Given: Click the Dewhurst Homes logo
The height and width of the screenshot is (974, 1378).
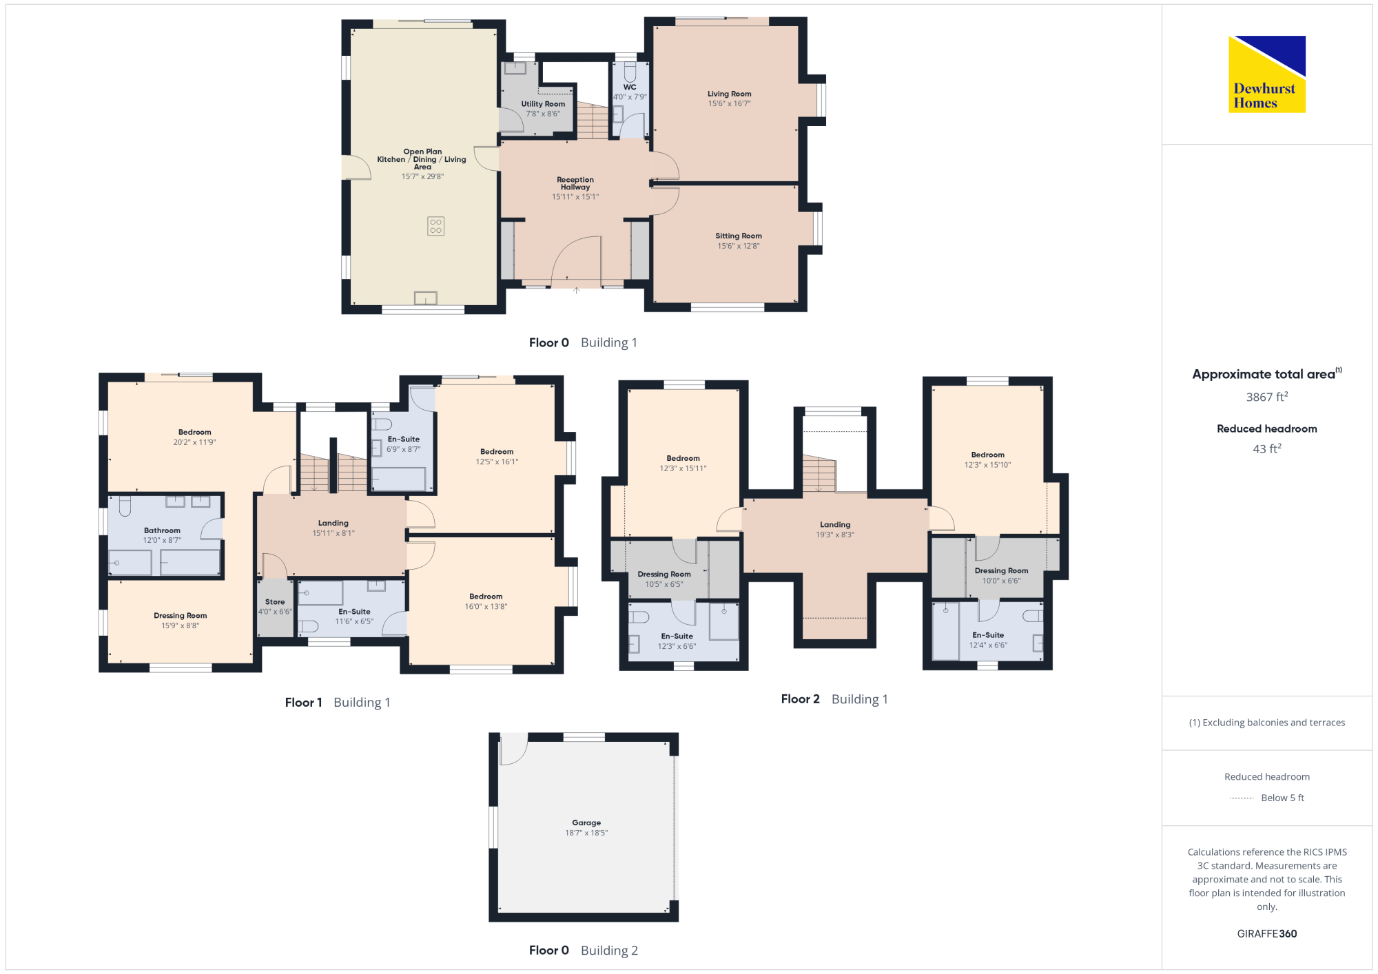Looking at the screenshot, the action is click(x=1266, y=74).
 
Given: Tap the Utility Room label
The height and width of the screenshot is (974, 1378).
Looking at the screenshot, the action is click(x=543, y=104).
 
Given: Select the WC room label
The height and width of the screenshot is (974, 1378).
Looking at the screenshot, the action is click(x=630, y=87).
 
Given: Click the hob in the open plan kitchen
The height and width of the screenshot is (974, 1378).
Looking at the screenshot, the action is click(x=435, y=226).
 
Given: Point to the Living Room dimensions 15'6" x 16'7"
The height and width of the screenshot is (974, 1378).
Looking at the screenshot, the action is click(x=729, y=103).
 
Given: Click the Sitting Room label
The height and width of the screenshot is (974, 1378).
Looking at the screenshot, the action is click(x=739, y=236).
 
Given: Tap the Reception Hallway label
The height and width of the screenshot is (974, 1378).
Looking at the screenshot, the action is click(x=575, y=183).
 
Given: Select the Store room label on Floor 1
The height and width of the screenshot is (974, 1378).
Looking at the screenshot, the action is click(x=275, y=602).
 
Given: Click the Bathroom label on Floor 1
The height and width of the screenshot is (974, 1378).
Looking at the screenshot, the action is click(x=162, y=530).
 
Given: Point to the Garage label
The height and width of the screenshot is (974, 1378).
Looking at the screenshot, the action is click(x=586, y=822).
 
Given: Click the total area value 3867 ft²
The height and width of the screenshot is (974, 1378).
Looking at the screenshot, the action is click(x=1267, y=397).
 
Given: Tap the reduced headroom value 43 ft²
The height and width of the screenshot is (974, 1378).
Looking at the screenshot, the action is click(x=1267, y=448).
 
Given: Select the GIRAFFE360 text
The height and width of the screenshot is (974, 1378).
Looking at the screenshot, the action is click(x=1267, y=934).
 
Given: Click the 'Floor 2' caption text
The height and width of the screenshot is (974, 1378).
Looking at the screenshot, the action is click(x=800, y=699).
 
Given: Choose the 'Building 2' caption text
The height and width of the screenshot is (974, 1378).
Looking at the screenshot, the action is click(x=609, y=951).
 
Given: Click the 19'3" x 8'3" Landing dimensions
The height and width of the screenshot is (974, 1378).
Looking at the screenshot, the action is click(x=835, y=535).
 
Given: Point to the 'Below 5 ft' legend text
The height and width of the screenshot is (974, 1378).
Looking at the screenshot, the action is click(x=1282, y=798).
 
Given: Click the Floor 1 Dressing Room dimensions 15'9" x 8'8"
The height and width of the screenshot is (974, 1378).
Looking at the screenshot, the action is click(x=181, y=625).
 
